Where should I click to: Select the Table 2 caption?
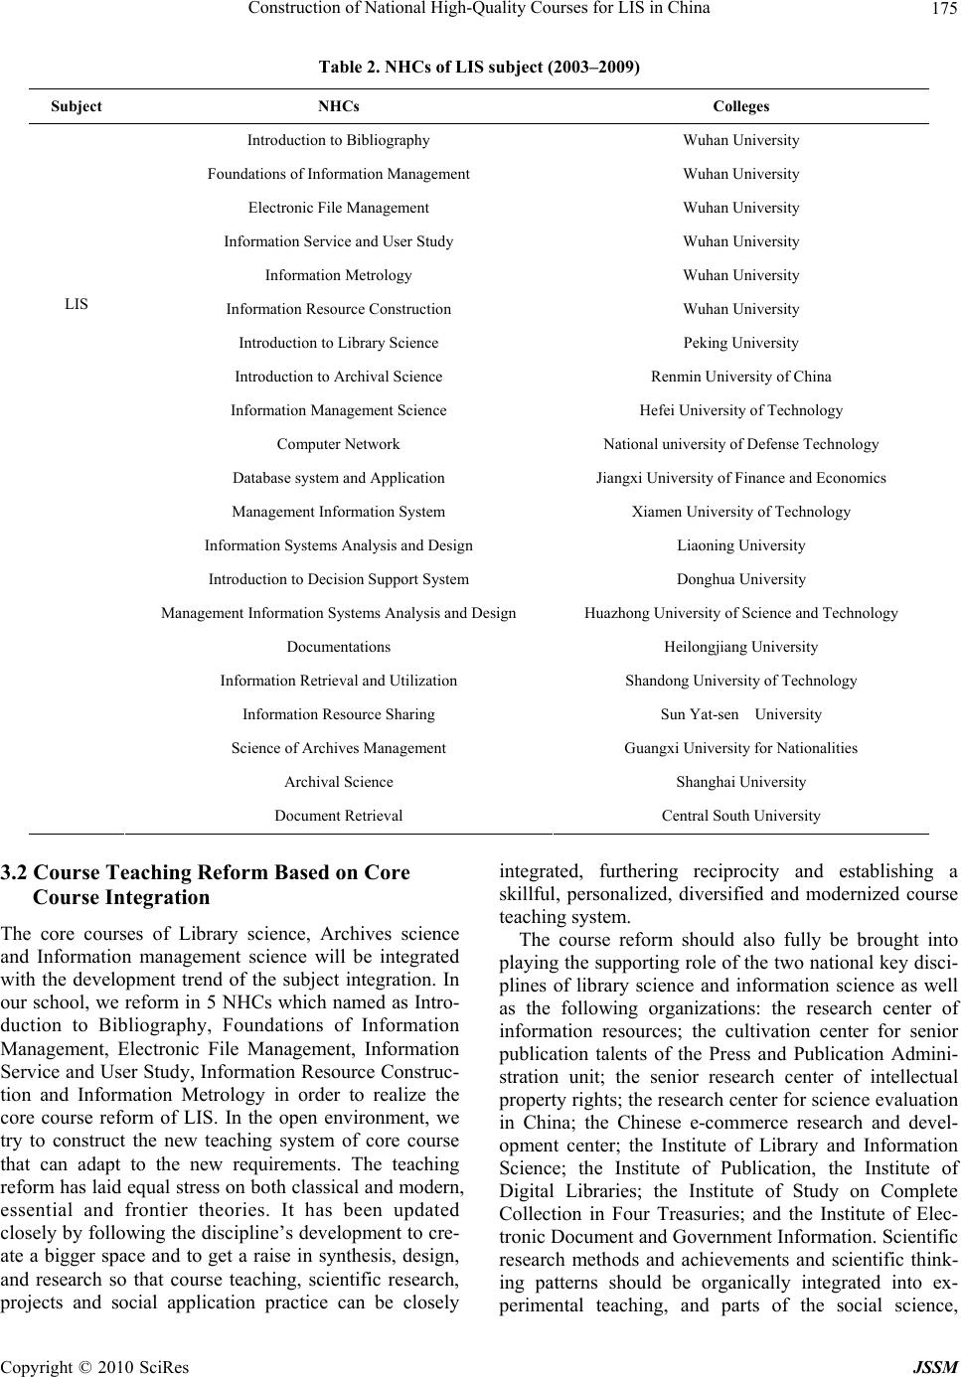[x=479, y=68]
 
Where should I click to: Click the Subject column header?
[x=77, y=106]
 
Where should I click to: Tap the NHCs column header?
[x=338, y=106]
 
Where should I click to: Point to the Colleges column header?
[x=740, y=106]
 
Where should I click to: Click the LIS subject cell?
[x=77, y=304]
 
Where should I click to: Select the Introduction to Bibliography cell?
[x=338, y=140]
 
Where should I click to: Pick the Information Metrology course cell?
[x=338, y=275]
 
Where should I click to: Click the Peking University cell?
[x=740, y=343]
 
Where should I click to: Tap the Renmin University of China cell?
[x=740, y=377]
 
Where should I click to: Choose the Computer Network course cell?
[x=338, y=444]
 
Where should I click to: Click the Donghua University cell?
[x=740, y=579]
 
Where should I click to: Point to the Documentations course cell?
[x=338, y=647]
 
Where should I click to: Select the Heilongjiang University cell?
[x=740, y=647]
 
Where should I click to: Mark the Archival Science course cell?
[x=338, y=782]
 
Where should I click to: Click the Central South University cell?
[x=740, y=816]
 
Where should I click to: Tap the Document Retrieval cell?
[x=338, y=816]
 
